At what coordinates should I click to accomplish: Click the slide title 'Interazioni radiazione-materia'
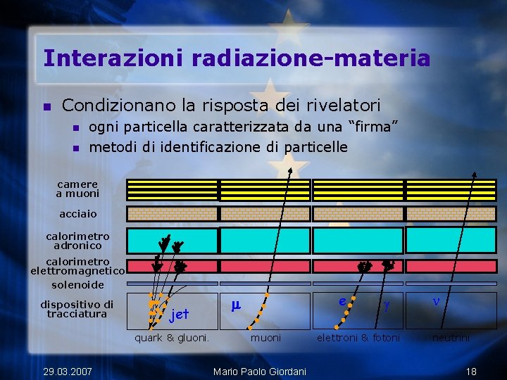click(236, 58)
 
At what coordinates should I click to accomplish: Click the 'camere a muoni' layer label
click(77, 189)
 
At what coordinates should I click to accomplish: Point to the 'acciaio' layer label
click(78, 213)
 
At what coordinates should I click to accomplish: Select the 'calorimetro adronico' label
click(77, 241)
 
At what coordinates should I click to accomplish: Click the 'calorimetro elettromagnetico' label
click(77, 267)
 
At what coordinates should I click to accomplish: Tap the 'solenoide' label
click(77, 285)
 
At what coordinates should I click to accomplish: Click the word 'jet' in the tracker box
click(179, 314)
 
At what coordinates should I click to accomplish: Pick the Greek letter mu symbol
click(237, 305)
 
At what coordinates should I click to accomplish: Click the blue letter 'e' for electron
click(342, 301)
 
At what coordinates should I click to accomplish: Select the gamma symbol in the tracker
click(385, 307)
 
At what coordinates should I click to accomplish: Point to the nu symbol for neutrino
click(436, 300)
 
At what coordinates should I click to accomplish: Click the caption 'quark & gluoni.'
click(172, 338)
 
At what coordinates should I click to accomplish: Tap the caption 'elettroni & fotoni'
click(358, 338)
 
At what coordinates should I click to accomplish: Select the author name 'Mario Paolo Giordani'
click(259, 371)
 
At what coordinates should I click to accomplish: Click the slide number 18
click(472, 371)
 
